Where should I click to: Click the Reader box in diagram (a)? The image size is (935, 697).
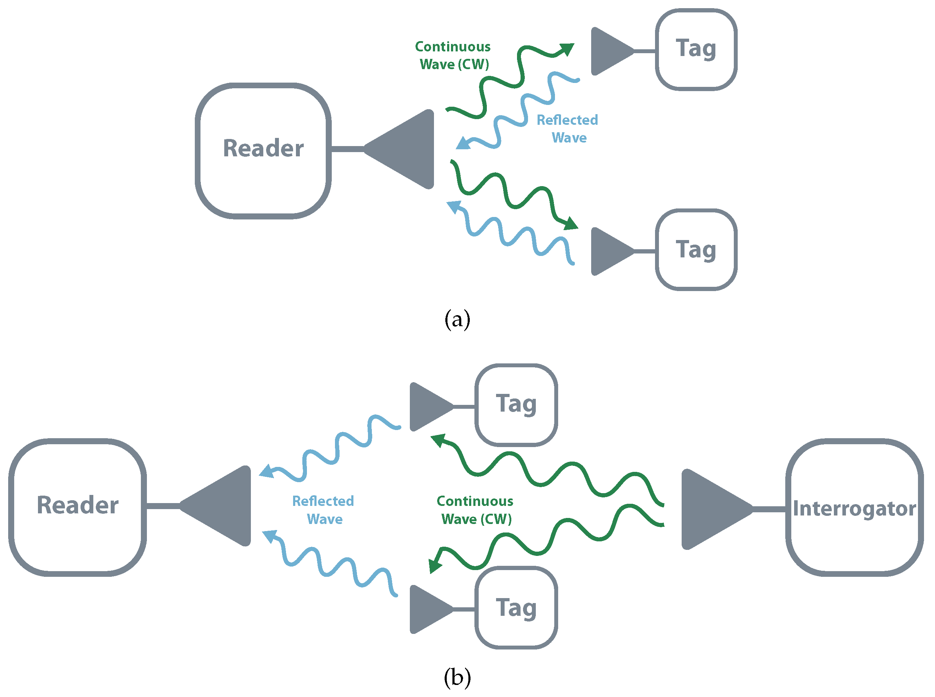pos(263,151)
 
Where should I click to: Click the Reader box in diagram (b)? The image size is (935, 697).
pos(78,507)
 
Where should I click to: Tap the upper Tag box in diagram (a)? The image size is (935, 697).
pos(695,50)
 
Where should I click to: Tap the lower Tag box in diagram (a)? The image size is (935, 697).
pos(695,250)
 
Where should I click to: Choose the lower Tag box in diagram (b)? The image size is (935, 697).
pos(516,608)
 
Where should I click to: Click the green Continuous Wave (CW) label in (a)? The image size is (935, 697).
pos(453,55)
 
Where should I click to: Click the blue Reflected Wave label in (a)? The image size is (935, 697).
pos(567,129)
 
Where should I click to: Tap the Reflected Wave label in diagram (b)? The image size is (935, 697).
pos(323,510)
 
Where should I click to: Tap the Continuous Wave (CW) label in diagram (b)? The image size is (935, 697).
pos(475,510)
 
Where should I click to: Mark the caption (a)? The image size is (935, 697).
pos(457,319)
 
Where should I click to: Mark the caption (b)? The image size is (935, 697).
pos(457,677)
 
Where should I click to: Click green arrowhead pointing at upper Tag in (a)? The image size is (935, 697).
pos(567,49)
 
